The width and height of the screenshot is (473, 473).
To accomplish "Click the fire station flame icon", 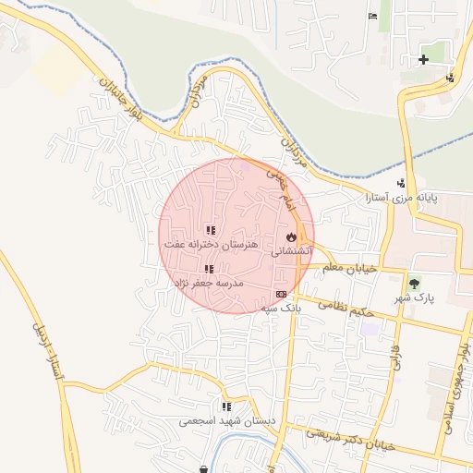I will point(291,237).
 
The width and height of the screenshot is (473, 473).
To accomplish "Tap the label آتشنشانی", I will point(291,250).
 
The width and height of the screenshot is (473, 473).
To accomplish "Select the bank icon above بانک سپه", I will point(281,293).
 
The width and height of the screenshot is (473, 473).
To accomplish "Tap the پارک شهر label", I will point(417,297).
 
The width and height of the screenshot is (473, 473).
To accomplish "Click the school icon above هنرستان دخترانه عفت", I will point(211,230).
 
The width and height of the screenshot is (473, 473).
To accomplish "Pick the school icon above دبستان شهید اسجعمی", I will point(226,406).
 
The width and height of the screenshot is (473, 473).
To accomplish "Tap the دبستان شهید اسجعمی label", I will point(227,420).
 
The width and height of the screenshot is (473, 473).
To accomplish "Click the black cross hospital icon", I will point(423,60).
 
